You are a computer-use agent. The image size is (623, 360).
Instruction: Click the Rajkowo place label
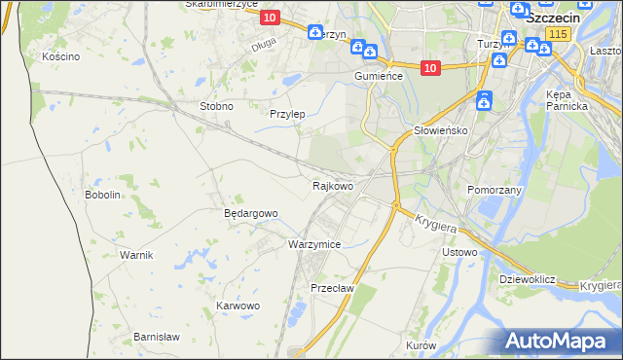[332, 185]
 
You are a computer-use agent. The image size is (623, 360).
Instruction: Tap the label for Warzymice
[314, 244]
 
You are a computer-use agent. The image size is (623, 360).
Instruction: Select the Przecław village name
[331, 288]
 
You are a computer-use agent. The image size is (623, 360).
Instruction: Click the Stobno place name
[216, 106]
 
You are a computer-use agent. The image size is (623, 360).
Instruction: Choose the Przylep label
[287, 114]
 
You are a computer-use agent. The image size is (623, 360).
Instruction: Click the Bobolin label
[102, 195]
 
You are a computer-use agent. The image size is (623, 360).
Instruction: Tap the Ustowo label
[459, 253]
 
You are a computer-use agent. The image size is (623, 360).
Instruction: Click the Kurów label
[421, 346]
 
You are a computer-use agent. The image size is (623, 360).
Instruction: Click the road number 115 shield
[557, 34]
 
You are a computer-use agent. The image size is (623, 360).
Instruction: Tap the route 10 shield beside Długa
[270, 18]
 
